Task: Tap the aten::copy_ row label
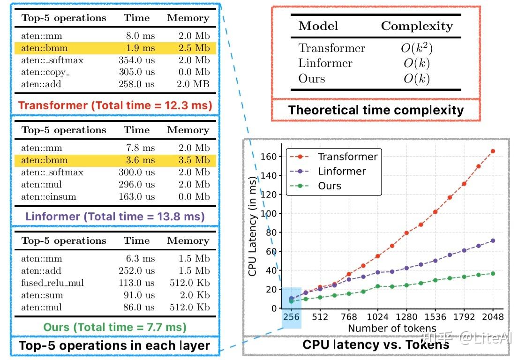45,72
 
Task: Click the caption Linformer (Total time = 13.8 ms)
115,217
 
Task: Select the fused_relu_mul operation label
53,283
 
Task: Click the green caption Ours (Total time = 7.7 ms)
115,327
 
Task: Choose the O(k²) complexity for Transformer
417,48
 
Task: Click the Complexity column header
417,26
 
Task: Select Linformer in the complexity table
325,63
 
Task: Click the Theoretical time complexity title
376,110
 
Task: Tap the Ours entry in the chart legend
330,186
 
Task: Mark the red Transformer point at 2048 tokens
493,151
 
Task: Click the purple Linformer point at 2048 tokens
493,240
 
